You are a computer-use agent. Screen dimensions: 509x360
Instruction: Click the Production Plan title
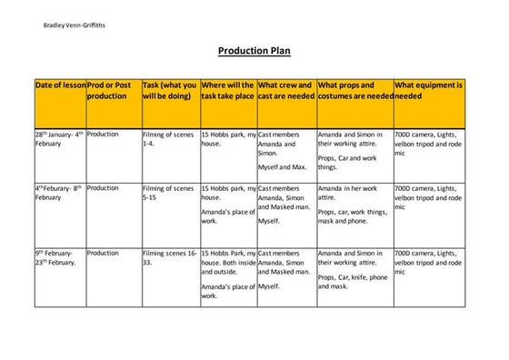[254, 52]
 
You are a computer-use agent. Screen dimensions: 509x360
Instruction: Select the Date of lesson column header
[59, 85]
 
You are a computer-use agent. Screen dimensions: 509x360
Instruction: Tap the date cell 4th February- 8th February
[59, 193]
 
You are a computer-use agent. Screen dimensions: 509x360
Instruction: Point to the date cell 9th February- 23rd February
[59, 257]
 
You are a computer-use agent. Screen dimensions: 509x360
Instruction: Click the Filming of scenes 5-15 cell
[168, 193]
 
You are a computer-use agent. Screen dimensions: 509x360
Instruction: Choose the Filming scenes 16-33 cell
[169, 257]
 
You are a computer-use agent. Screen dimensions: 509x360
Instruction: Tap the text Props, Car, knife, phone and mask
[353, 281]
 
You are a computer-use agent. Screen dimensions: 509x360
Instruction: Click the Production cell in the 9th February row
[103, 253]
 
